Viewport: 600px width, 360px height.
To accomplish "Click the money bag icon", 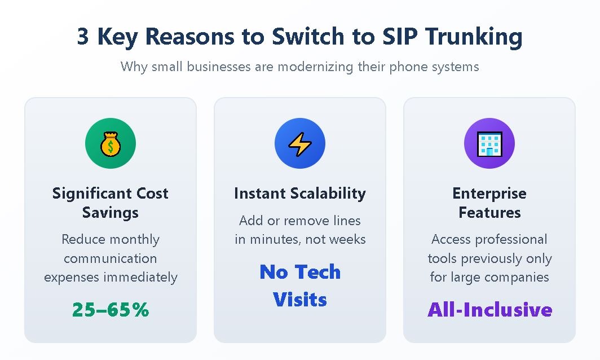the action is tap(111, 144).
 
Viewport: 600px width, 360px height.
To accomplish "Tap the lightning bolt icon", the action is tap(300, 144).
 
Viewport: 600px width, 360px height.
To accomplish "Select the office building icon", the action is tap(489, 144).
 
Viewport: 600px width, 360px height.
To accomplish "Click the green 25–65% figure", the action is tap(111, 309).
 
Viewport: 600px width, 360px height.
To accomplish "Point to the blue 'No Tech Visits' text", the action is tap(300, 286).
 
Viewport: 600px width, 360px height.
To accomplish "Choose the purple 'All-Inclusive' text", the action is tap(490, 309).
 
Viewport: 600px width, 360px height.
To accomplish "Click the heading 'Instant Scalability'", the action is tap(300, 194).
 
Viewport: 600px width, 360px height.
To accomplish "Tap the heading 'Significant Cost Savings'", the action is tap(111, 203).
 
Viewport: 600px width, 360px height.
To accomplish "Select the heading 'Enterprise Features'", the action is tap(489, 203).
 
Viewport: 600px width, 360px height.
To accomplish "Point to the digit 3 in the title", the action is tap(83, 37).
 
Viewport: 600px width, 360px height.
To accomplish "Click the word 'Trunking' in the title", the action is tap(474, 37).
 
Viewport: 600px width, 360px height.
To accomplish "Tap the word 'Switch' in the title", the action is tap(308, 36).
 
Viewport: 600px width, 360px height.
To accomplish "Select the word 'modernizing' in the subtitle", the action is tap(315, 67).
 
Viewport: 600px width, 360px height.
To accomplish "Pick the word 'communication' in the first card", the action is tap(111, 258).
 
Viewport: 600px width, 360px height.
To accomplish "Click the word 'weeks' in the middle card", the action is tap(347, 239).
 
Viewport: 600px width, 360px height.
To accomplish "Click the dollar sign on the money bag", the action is tap(111, 146).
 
